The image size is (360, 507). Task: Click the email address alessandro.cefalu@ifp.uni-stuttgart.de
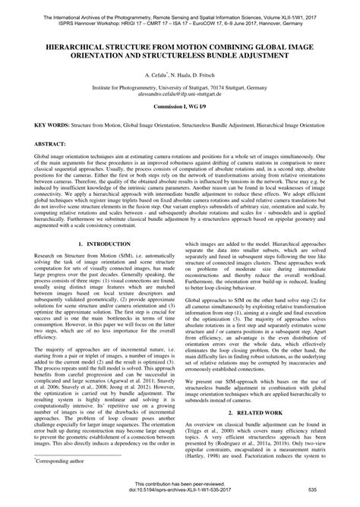(180, 96)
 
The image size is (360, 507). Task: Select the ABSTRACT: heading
(47, 143)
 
